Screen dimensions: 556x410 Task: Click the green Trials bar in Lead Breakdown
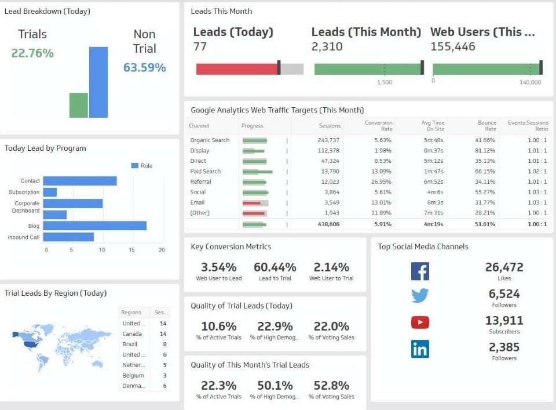point(78,105)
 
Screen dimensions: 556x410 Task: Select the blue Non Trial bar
point(98,82)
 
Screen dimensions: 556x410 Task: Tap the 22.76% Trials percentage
point(32,53)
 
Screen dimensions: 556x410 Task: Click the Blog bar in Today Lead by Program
point(94,226)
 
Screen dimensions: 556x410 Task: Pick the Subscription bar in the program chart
point(50,192)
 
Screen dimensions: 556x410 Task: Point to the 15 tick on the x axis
point(132,250)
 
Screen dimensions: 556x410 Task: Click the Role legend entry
point(142,166)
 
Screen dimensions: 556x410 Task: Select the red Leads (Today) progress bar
point(237,69)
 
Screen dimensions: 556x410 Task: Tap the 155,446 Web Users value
point(453,46)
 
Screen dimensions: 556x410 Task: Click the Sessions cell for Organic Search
point(328,140)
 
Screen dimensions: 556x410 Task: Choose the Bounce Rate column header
point(487,126)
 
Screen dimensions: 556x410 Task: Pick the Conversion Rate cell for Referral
point(381,182)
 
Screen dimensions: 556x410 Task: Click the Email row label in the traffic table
point(197,203)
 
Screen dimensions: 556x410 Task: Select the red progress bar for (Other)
point(254,213)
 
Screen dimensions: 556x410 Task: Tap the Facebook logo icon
point(420,271)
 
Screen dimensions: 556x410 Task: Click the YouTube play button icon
point(420,322)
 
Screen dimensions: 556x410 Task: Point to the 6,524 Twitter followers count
point(504,294)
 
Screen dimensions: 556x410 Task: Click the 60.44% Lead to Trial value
point(275,267)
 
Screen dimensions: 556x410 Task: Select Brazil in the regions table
point(130,344)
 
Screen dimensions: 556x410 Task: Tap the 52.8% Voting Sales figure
point(331,386)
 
